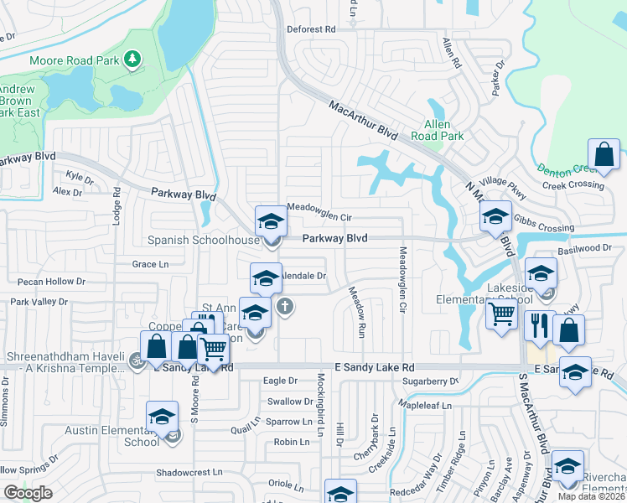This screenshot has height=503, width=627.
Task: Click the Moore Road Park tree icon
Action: tap(132, 60)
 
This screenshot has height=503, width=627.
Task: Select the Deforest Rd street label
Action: tap(311, 29)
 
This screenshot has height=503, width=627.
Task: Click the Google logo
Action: tap(28, 493)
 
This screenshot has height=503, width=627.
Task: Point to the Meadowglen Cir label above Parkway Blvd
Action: tap(319, 207)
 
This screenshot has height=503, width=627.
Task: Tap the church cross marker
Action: tap(285, 306)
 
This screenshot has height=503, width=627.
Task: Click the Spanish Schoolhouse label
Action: tap(204, 241)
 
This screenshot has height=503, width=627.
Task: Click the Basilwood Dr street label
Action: tap(584, 248)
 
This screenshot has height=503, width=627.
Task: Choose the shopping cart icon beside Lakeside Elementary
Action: tap(501, 314)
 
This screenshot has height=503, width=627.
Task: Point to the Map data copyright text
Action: tap(592, 496)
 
